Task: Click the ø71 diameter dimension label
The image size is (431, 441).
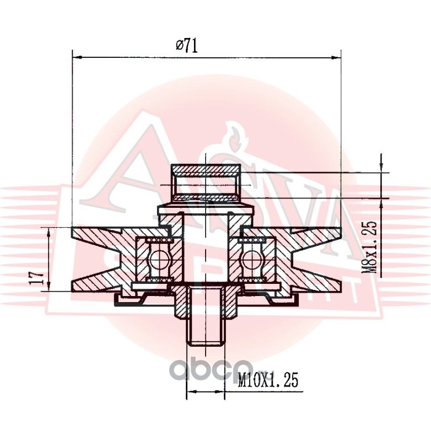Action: (x=187, y=46)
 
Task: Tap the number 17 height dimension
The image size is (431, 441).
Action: (x=37, y=278)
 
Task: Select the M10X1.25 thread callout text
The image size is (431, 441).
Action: (x=267, y=380)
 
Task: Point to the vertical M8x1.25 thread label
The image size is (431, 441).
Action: (x=369, y=247)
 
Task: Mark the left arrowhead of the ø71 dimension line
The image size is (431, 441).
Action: (x=77, y=57)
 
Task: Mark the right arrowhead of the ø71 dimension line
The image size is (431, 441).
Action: (x=336, y=57)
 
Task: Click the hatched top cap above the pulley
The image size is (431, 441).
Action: (x=206, y=170)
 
